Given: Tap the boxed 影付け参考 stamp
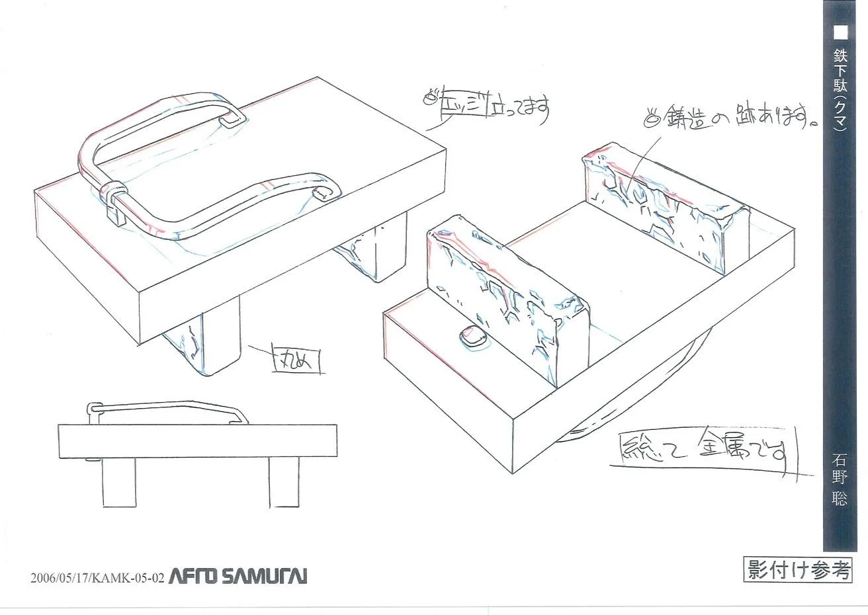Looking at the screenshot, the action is click(797, 569).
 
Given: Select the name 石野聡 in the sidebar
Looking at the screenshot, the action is click(839, 479).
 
